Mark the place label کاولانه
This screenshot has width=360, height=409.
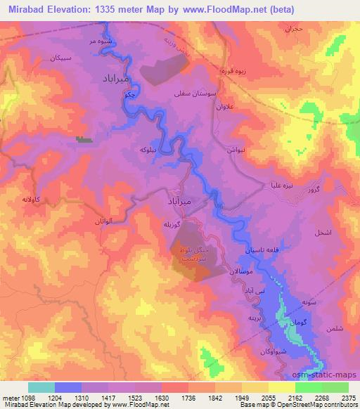pyautogui.click(x=34, y=200)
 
